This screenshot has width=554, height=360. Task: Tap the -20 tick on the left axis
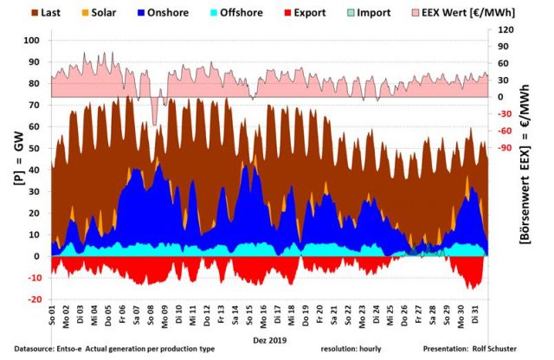pos(34,299)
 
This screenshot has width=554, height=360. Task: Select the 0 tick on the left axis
pos(38,256)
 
